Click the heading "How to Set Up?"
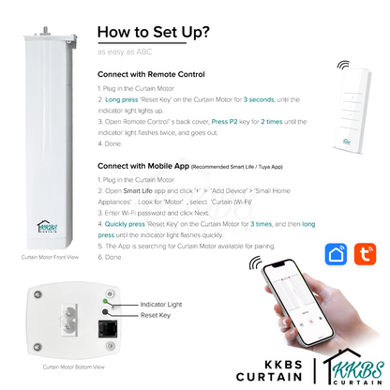pyautogui.click(x=153, y=33)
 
